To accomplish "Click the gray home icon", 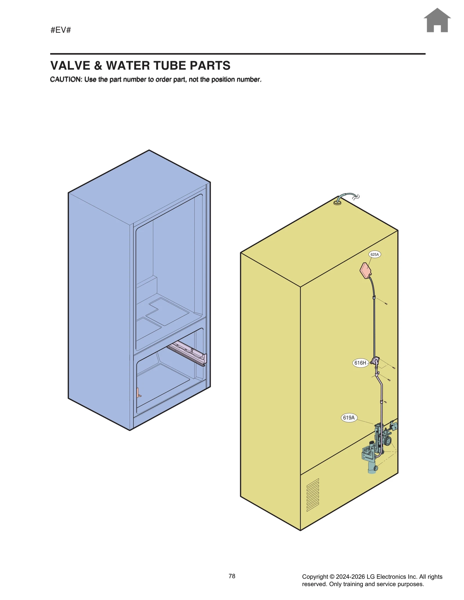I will [x=437, y=21].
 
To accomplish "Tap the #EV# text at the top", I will [x=61, y=30].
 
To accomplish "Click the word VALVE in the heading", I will [x=70, y=66].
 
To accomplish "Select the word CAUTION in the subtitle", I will [x=66, y=80].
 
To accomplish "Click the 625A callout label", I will [x=374, y=254].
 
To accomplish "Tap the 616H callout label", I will [x=360, y=363].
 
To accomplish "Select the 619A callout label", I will [x=349, y=417].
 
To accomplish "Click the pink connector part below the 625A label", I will [x=365, y=270].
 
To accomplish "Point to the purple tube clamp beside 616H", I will [x=375, y=361].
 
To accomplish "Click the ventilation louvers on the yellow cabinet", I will [x=313, y=495].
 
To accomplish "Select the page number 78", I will [x=232, y=576].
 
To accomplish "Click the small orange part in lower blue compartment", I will [x=138, y=392].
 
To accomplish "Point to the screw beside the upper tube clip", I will [x=386, y=304].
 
